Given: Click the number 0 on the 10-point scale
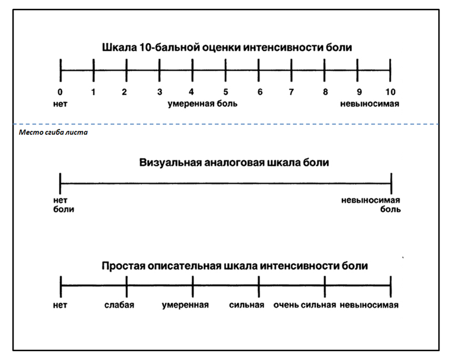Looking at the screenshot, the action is (60, 92).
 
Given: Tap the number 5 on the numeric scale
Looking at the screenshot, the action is (226, 92).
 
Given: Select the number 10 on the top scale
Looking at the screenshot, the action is (390, 92).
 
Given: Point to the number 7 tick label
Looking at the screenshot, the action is (291, 92).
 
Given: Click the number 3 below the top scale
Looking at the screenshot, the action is (160, 92).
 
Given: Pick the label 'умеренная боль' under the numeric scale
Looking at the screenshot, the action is (202, 103).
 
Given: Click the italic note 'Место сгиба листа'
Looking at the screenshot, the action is (53, 132).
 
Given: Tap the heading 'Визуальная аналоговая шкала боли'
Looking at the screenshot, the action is (234, 162).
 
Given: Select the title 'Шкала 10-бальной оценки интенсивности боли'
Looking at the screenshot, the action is (227, 47).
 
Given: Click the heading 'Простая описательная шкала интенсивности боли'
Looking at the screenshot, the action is (235, 265).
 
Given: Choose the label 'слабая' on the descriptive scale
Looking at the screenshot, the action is (119, 305).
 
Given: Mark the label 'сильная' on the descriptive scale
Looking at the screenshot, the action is (247, 305).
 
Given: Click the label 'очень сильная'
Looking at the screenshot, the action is (305, 305).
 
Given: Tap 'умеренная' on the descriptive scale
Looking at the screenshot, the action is (185, 305).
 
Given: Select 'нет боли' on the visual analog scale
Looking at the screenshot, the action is (63, 205).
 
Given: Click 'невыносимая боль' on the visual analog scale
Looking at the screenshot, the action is (371, 205).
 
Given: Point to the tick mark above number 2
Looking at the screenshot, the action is (127, 70).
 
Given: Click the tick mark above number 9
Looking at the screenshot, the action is (357, 70).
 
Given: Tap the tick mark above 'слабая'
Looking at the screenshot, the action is (127, 286).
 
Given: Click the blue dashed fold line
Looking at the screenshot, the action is (226, 124).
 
